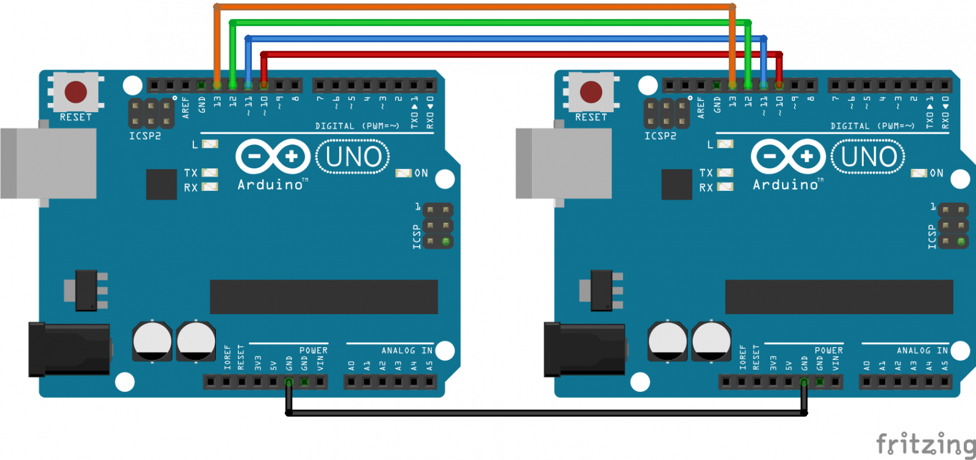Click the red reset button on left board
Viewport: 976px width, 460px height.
coord(76,92)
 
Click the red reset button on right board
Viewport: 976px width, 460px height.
coord(590,92)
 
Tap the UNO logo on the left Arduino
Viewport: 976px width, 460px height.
coord(353,157)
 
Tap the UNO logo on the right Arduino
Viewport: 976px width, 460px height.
coord(868,157)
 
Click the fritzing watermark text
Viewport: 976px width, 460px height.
coord(925,444)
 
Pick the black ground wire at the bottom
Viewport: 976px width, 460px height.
coord(546,413)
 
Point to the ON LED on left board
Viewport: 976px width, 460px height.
coord(404,173)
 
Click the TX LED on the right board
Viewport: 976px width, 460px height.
coord(725,173)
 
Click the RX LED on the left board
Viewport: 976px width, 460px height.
coord(210,187)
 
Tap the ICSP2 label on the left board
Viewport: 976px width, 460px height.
coord(145,136)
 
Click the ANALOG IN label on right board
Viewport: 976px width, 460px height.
coord(922,350)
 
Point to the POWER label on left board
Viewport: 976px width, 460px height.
coord(314,350)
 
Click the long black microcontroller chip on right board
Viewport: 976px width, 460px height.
coord(839,297)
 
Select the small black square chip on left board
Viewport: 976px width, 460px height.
coord(161,184)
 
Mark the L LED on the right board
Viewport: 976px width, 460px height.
coord(725,144)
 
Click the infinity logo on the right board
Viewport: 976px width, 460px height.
coord(788,157)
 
